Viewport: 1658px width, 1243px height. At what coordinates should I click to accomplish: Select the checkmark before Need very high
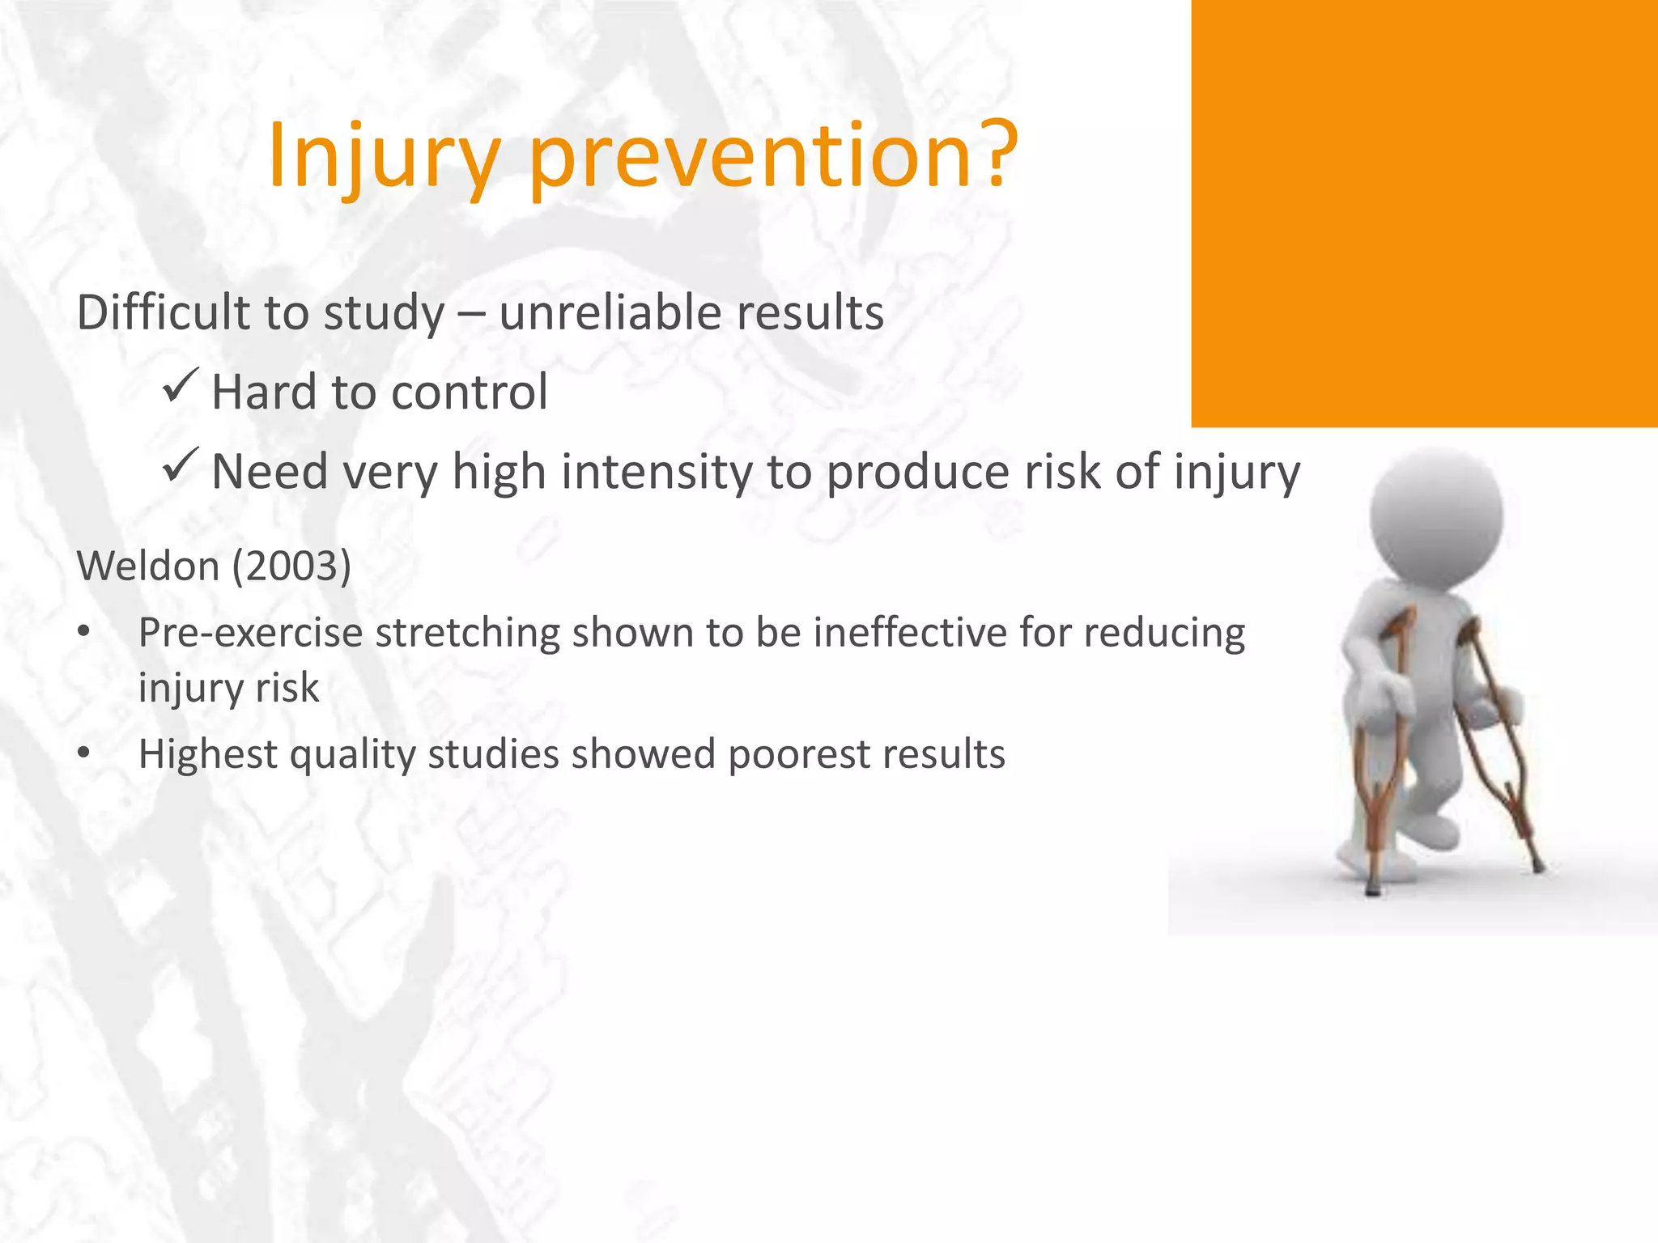click(x=180, y=465)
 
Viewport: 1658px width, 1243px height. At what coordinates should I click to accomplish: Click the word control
click(x=470, y=392)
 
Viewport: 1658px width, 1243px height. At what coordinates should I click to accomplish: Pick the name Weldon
click(x=148, y=566)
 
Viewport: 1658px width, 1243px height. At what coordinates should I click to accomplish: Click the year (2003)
click(x=292, y=566)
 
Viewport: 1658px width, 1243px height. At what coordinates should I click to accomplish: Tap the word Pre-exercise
click(x=250, y=633)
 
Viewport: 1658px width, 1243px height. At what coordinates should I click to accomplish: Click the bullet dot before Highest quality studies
click(x=84, y=753)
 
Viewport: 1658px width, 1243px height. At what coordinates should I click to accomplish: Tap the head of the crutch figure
click(x=1436, y=513)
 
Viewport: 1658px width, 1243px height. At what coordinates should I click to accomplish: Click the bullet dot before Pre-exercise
click(x=84, y=633)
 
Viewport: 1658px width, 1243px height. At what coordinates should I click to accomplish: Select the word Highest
click(x=208, y=754)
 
